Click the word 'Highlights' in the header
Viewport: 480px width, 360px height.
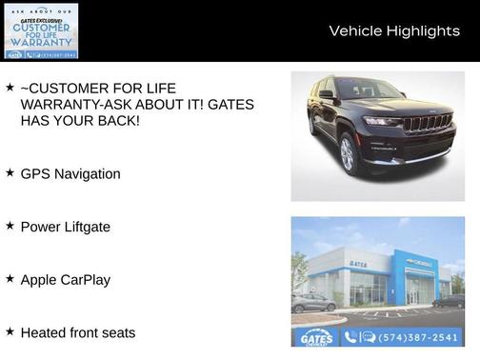pos(422,31)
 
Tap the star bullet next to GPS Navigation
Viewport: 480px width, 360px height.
pos(10,172)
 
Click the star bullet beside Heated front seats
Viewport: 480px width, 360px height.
pos(10,331)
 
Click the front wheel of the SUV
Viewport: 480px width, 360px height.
pos(347,154)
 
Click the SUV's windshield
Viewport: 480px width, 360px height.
pos(370,90)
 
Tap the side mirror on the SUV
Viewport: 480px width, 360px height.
pos(327,95)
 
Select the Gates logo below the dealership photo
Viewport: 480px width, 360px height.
pos(316,337)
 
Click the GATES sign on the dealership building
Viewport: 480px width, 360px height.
pos(358,264)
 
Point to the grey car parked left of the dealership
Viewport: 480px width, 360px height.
pos(313,303)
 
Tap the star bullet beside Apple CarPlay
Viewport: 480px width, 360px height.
pos(10,278)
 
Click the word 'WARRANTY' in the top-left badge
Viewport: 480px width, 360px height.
pos(40,43)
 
